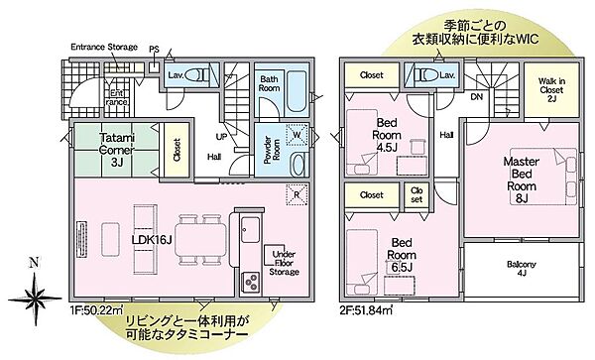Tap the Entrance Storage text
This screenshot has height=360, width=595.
tap(103, 47)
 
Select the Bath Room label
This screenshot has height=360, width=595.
tap(270, 83)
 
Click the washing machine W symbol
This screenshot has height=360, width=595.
tap(297, 139)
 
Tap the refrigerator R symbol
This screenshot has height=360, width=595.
tap(296, 194)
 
